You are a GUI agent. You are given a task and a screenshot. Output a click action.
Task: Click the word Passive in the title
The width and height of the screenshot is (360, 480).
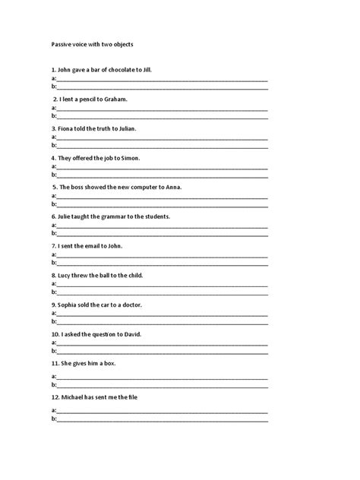62,44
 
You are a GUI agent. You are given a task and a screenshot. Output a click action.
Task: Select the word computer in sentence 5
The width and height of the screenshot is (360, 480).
134,187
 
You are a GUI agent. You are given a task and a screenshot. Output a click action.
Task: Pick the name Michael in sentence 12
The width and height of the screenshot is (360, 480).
72,397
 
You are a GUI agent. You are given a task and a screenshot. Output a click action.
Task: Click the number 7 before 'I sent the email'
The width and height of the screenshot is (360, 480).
53,246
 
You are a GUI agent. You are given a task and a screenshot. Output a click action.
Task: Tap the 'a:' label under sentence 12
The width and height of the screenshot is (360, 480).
54,410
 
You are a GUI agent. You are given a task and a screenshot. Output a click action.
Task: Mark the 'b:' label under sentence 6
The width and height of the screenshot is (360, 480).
54,233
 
